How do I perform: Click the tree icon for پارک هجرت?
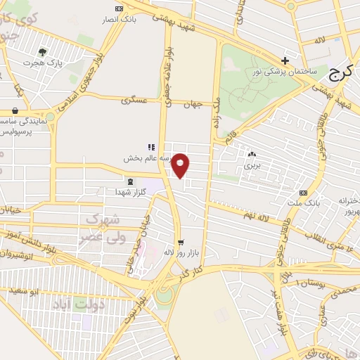(x=44, y=51)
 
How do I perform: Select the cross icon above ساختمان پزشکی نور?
(x=285, y=60)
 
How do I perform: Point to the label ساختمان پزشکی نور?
(x=285, y=72)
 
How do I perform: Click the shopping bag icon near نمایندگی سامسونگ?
(x=15, y=110)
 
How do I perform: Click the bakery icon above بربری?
(x=252, y=154)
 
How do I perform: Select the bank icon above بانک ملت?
(x=303, y=193)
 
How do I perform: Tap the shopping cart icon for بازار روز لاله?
(x=181, y=241)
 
